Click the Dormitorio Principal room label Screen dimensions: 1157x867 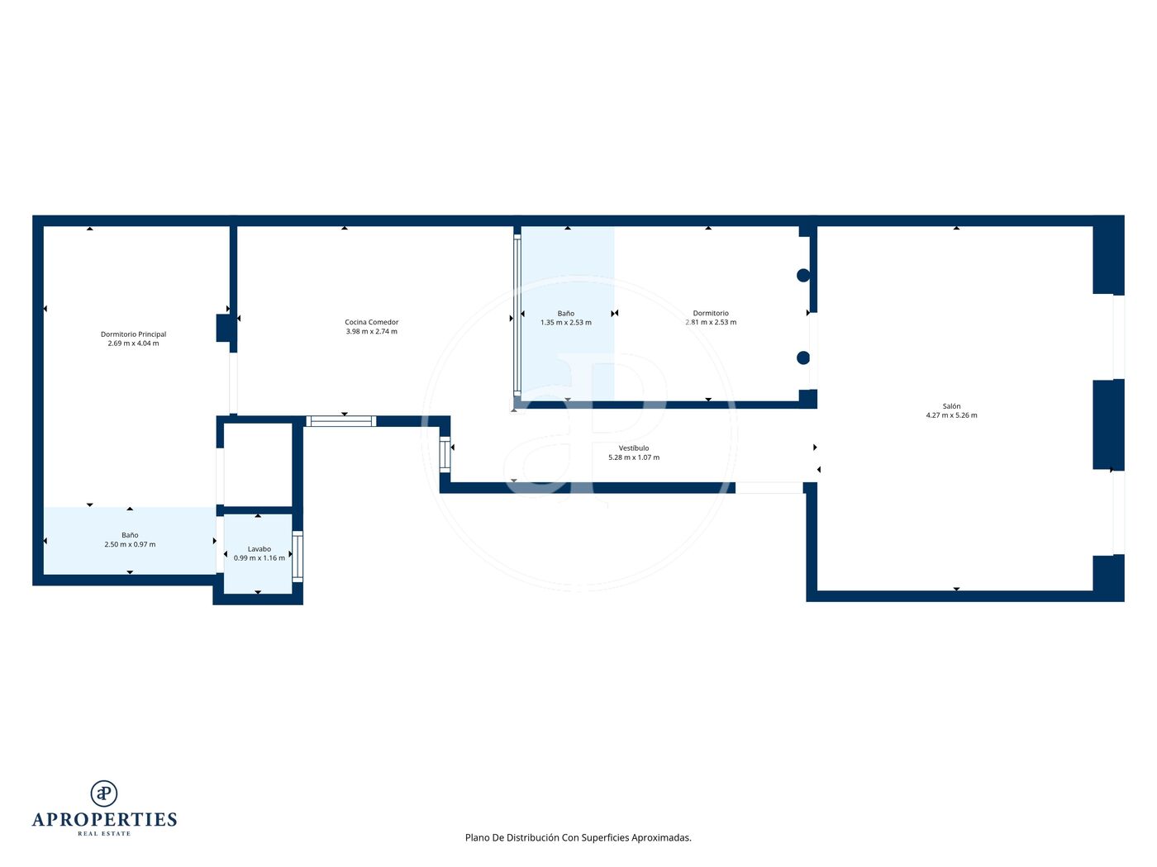pos(133,334)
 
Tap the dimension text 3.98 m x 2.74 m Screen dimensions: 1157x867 pos(372,332)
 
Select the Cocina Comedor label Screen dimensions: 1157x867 pos(372,322)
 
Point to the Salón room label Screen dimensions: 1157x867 pos(951,406)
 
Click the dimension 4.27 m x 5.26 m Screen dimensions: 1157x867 pos(951,415)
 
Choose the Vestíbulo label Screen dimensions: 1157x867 pos(634,448)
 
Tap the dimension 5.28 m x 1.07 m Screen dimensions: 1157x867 pos(634,457)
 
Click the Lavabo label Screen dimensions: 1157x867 pos(259,549)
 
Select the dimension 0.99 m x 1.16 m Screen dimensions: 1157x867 pos(259,558)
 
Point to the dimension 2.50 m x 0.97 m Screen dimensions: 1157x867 pos(130,544)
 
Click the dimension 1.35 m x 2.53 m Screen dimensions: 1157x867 pos(565,322)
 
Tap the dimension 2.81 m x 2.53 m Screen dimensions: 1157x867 pos(711,322)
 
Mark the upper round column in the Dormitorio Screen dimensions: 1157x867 pos(802,275)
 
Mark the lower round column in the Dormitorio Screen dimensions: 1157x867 pos(802,358)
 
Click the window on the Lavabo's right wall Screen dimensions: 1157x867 pos(298,557)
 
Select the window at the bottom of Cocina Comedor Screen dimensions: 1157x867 pos(341,421)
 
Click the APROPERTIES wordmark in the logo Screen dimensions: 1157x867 pos(104,820)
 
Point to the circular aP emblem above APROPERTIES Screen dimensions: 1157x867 pos(104,794)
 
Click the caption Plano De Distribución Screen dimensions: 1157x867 pos(512,837)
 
